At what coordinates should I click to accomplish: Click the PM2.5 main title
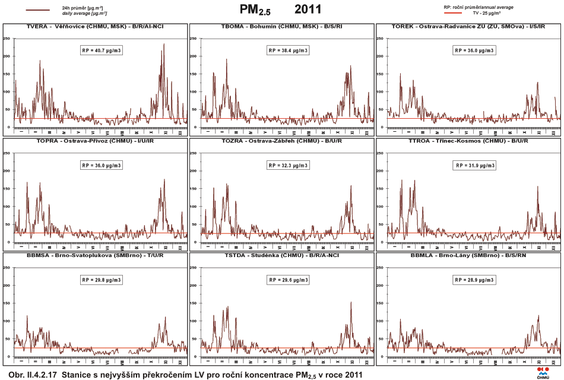(255, 9)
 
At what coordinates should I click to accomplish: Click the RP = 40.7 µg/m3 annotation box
(101, 50)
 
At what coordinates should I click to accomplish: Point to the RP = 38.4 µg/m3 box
(288, 50)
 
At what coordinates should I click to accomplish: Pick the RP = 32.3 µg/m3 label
(288, 165)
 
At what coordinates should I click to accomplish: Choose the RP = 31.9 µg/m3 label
(473, 165)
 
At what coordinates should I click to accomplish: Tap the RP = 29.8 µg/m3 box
(101, 280)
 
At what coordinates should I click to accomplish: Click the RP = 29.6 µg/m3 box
(288, 280)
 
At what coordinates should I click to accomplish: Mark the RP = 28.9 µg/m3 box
(473, 280)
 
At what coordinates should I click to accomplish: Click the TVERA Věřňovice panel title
(95, 27)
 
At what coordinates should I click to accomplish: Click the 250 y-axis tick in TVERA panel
(7, 38)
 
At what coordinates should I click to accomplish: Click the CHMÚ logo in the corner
(543, 372)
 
